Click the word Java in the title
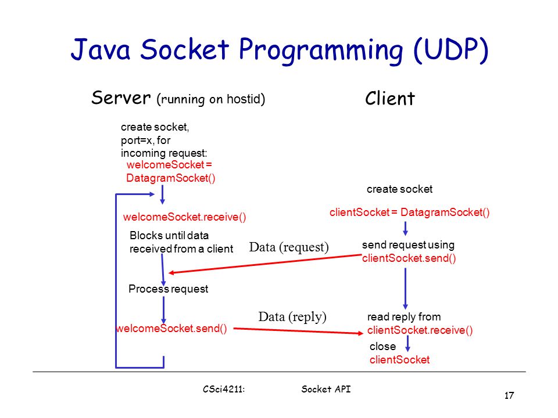tap(101, 49)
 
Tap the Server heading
tap(121, 98)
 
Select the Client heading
tap(389, 99)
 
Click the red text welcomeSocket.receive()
tap(184, 217)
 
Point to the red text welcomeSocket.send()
tap(171, 329)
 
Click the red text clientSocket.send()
tap(409, 258)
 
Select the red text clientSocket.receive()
tap(420, 330)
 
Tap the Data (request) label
tap(289, 247)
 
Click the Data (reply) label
tap(292, 317)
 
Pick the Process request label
tap(169, 289)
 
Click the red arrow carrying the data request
tap(265, 264)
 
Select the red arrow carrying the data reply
tap(298, 331)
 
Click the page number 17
tap(509, 395)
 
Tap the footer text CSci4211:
tap(224, 389)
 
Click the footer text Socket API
tap(326, 389)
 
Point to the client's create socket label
tap(400, 189)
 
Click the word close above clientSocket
tap(382, 346)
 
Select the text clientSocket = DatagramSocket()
tap(410, 212)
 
